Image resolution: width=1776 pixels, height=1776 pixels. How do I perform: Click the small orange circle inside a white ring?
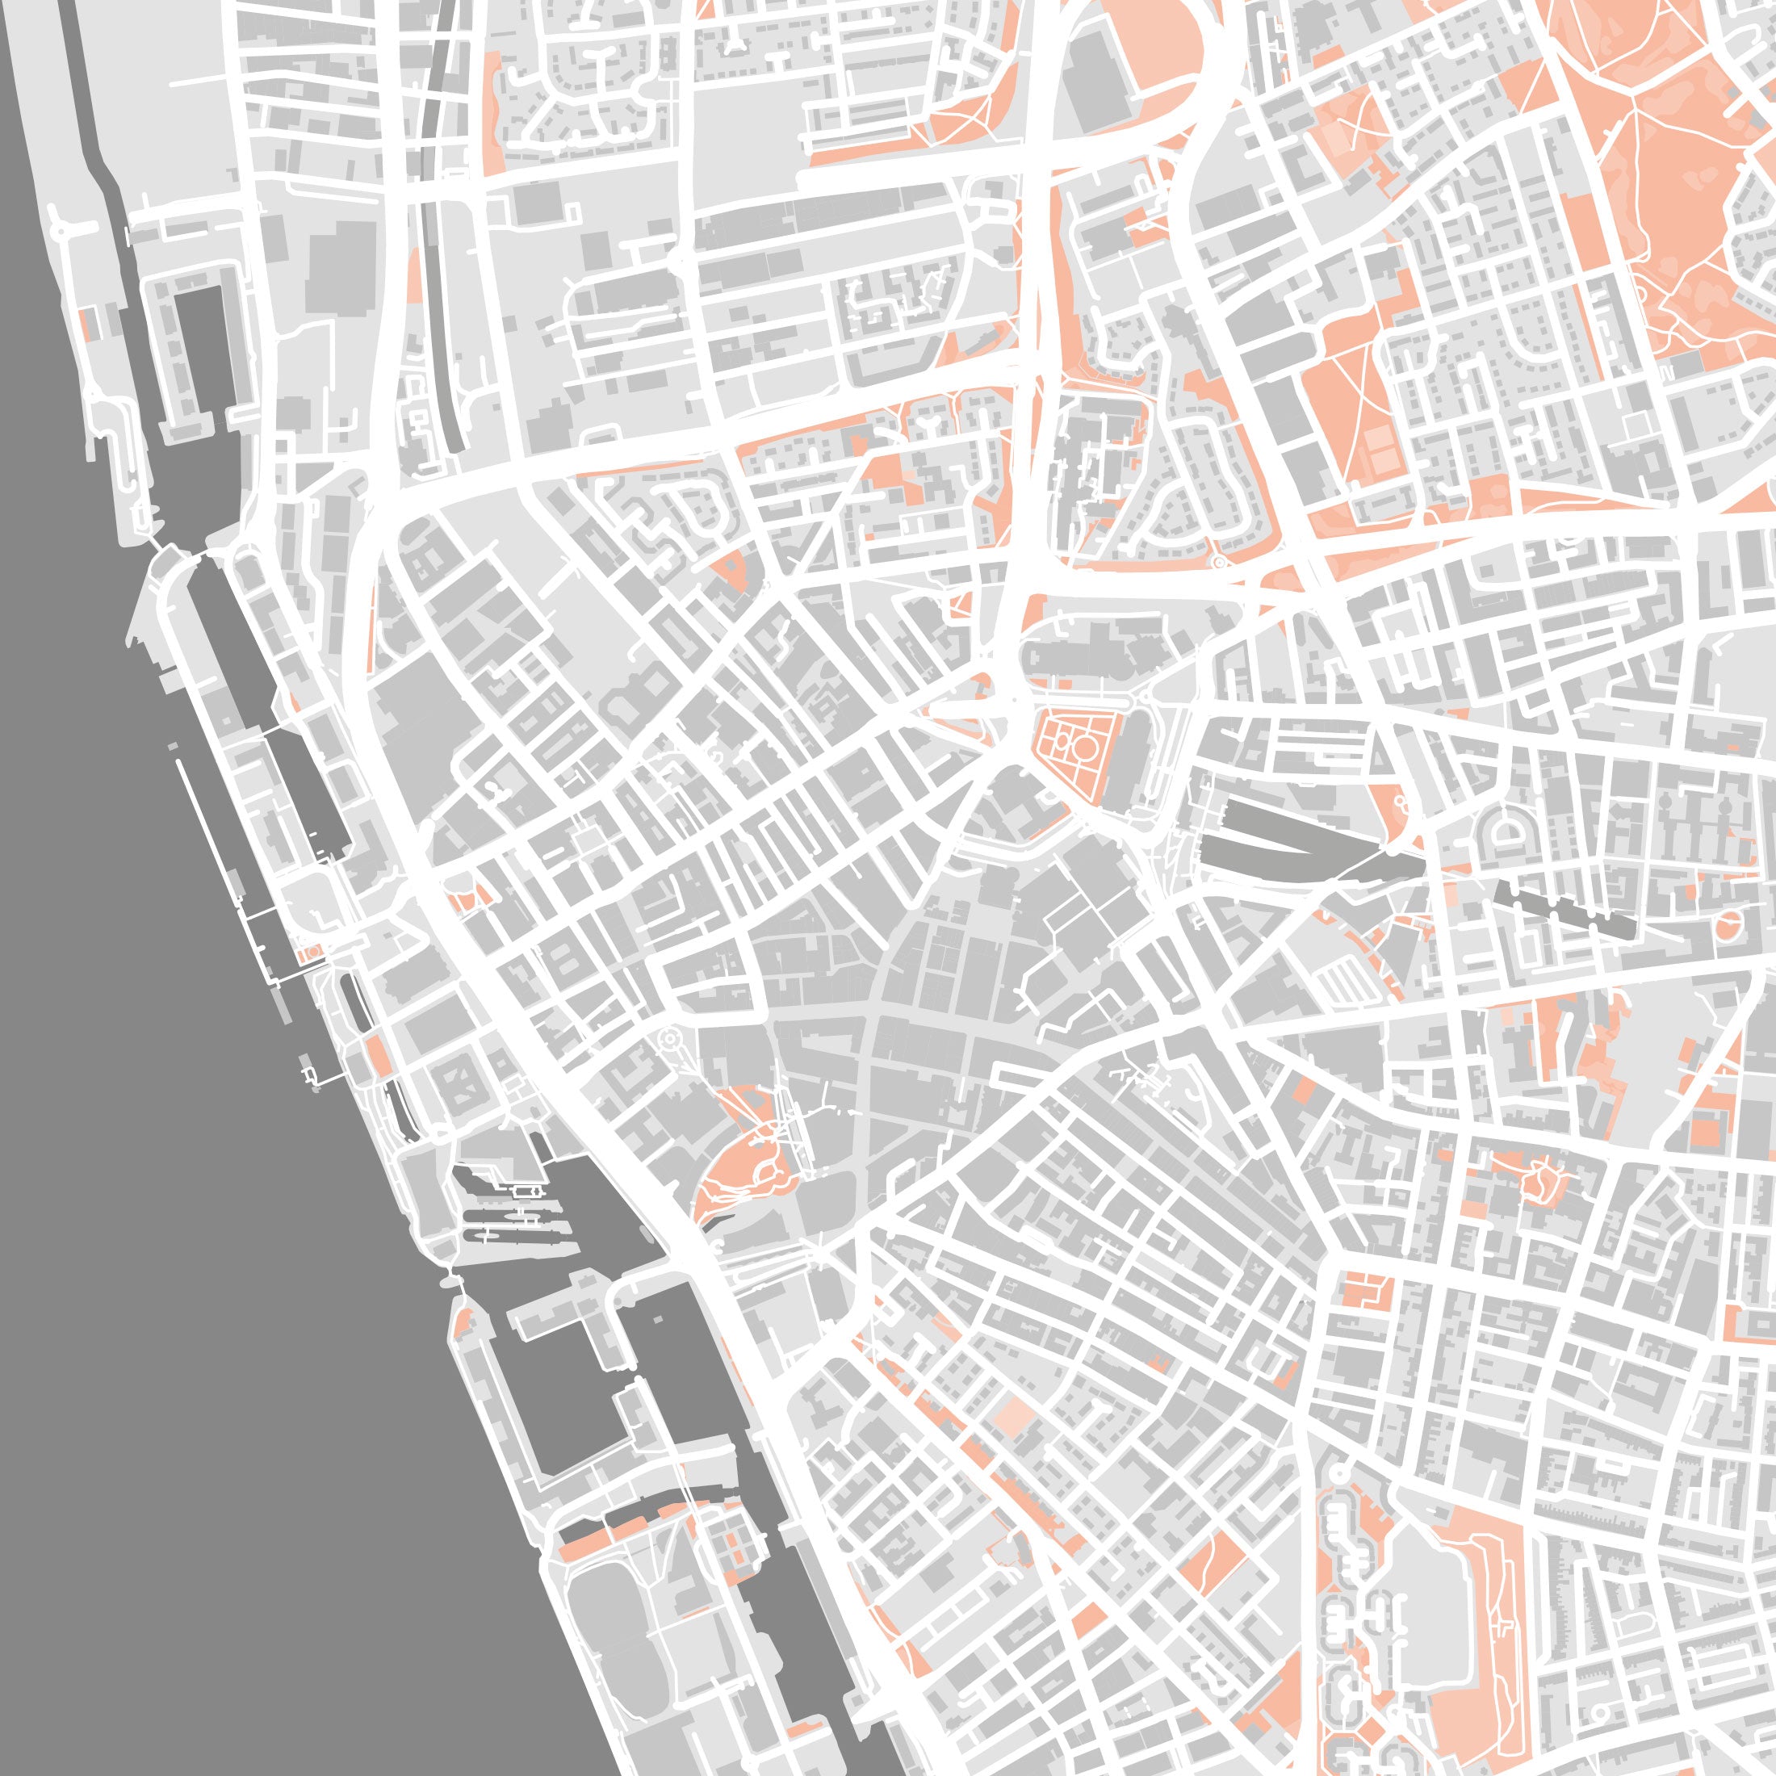coord(1729,924)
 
